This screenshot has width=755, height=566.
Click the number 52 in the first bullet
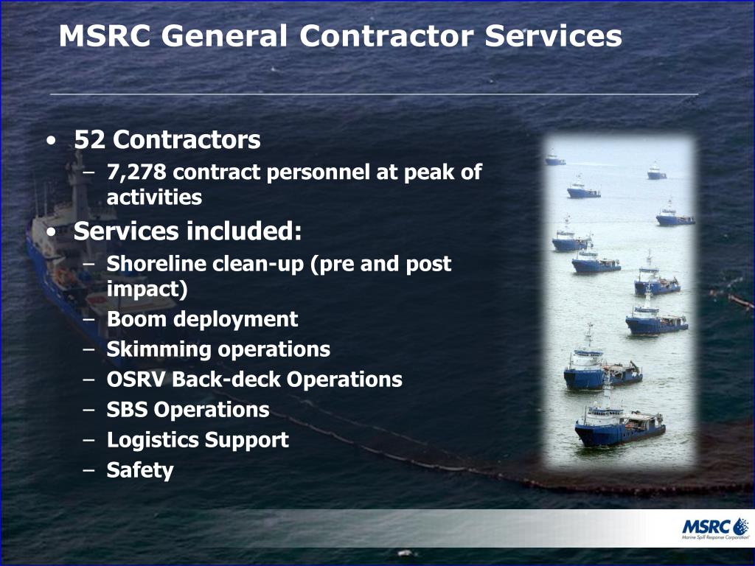(90, 139)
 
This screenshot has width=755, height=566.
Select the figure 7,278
(137, 172)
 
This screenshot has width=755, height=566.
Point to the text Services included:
(188, 231)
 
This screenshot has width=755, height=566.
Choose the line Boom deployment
(202, 319)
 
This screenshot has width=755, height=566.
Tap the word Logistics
(153, 440)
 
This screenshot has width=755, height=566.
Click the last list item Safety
(140, 470)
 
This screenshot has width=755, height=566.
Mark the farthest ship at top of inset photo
(555, 158)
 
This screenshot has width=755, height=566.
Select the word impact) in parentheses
(147, 289)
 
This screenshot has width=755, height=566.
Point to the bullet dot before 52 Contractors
(49, 140)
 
